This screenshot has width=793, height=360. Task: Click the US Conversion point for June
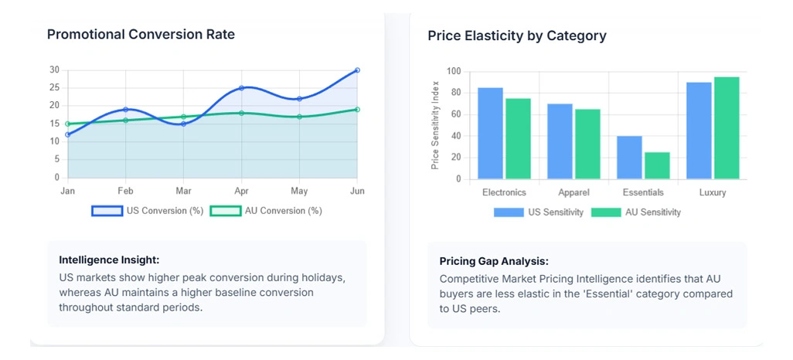[x=357, y=70]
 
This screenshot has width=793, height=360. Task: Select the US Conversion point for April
[x=241, y=88]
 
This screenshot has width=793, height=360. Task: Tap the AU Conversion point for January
[x=68, y=124]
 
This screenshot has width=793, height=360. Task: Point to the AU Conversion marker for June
[x=357, y=110]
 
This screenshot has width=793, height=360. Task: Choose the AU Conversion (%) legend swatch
[x=226, y=210]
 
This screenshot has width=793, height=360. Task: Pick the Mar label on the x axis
[x=183, y=191]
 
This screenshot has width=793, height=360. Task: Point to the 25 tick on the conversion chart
[x=54, y=88]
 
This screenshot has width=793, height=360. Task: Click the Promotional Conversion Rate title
[x=141, y=35]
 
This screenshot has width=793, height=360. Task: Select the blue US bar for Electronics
[x=490, y=133]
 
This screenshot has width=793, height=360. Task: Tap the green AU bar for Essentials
[x=657, y=165]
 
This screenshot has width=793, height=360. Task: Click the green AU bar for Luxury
[x=727, y=127]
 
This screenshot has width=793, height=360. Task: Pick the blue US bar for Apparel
[x=560, y=141]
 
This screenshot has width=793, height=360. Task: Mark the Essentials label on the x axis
[x=643, y=192]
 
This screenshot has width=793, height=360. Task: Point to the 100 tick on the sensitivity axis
[x=454, y=72]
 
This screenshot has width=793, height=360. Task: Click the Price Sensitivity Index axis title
[x=435, y=125]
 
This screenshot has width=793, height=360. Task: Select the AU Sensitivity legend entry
[x=636, y=212]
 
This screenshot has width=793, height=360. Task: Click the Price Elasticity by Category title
[x=517, y=36]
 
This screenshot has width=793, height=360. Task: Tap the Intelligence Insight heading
[x=109, y=260]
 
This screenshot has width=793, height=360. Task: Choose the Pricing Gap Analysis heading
[x=494, y=261]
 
